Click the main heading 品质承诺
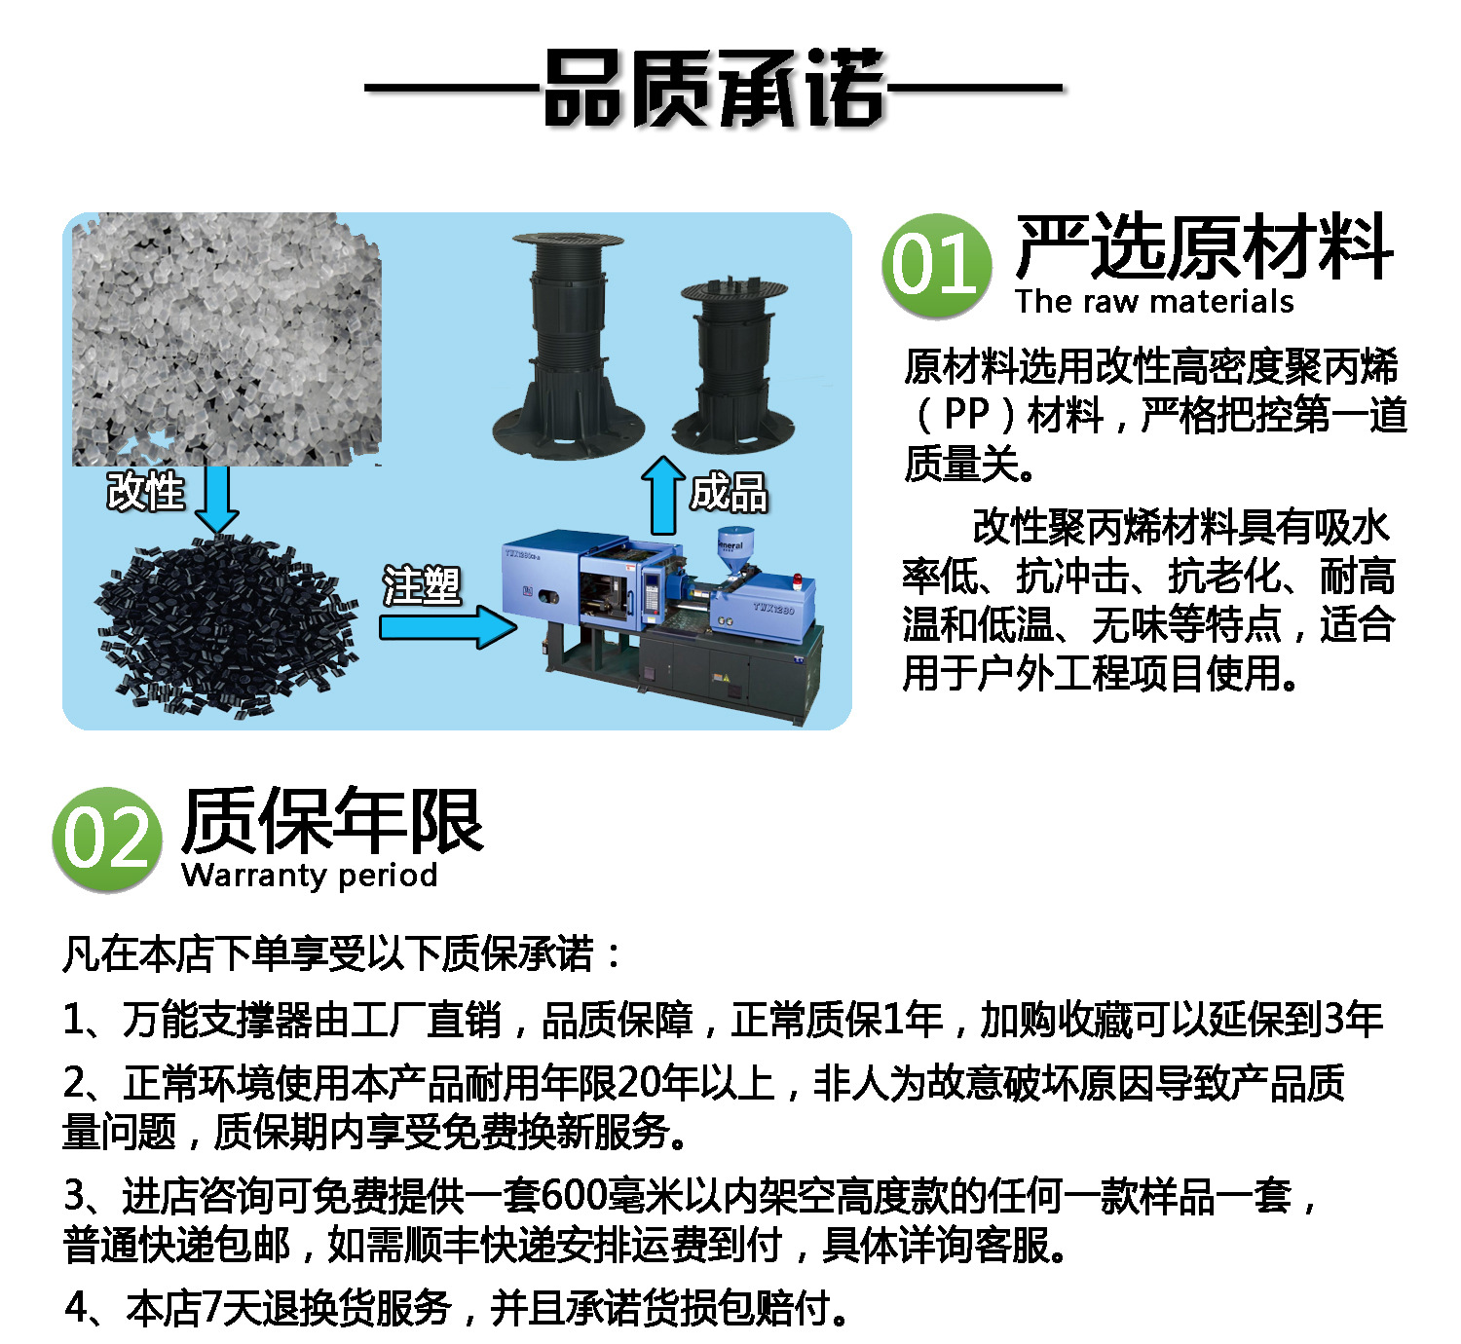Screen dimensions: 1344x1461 [x=714, y=89]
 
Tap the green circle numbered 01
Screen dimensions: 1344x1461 [x=936, y=265]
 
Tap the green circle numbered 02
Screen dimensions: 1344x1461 [x=106, y=839]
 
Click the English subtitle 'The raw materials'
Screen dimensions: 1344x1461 [x=1154, y=302]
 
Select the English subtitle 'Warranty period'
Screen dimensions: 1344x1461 [x=309, y=875]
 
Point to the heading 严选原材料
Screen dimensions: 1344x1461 [x=1204, y=247]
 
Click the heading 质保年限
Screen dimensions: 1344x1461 [x=332, y=821]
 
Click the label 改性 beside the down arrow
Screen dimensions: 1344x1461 [x=145, y=490]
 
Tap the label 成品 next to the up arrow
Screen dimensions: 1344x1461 [x=729, y=492]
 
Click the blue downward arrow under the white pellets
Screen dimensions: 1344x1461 [x=216, y=500]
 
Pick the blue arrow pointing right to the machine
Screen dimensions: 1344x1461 [x=447, y=627]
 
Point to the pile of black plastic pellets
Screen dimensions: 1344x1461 [x=226, y=624]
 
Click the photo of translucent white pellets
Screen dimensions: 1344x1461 [x=226, y=339]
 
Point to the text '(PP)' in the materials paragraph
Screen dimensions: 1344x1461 [x=966, y=415]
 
